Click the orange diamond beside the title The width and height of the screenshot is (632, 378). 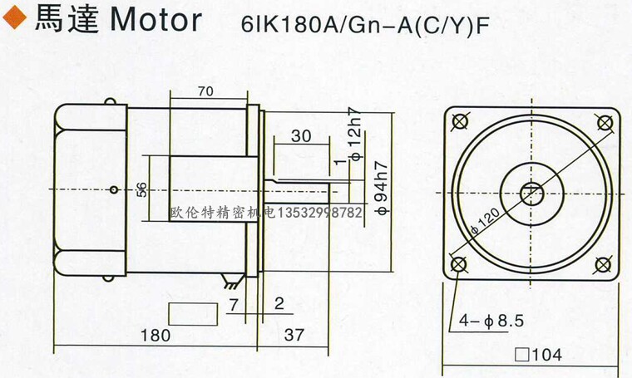point(14,18)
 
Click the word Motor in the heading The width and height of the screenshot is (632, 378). point(156,20)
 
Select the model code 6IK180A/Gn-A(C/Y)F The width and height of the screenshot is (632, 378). point(365,25)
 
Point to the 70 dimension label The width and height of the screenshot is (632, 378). point(205,91)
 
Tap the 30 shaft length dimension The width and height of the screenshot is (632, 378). point(301,136)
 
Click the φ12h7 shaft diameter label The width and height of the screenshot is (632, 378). point(356,134)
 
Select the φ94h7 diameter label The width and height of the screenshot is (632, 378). point(382,188)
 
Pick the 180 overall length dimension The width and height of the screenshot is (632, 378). point(156,335)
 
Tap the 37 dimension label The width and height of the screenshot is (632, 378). point(294,335)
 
